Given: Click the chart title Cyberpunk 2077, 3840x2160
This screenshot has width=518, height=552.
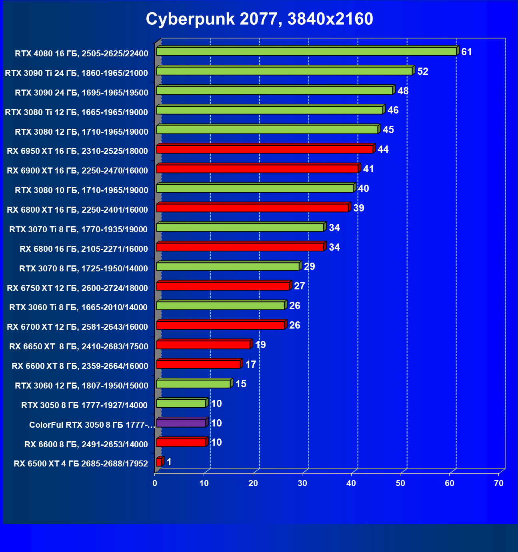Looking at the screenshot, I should coord(259,19).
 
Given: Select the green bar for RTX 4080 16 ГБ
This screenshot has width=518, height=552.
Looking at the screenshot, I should coord(306,52).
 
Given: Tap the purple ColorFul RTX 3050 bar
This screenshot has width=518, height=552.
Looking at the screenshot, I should coord(181,423).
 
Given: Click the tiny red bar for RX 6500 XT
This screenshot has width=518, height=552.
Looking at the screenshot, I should coord(159,462).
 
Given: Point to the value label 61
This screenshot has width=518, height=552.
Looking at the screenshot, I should coord(466,52).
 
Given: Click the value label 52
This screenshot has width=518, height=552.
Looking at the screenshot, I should coord(423,72).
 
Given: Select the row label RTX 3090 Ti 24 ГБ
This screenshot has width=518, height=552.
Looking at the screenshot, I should coord(76,73).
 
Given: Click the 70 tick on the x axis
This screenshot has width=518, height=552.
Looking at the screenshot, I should coord(499,483).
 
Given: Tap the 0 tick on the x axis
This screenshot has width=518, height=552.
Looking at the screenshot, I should coord(155,483).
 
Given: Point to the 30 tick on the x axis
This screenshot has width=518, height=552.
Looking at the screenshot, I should coord(302,483).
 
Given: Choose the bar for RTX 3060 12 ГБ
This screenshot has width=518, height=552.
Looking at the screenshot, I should coord(193,384).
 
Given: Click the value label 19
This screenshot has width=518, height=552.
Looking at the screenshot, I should coord(260,345).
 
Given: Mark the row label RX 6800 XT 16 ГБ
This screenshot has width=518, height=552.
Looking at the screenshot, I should coord(78,210).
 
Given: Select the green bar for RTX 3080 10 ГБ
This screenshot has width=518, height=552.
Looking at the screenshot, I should coord(255,188).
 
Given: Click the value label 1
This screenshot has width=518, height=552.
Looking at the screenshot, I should coord(169,462).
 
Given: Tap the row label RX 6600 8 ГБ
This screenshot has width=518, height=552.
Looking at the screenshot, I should coord(86,444).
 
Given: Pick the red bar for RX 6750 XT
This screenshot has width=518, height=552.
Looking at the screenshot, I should coord(223,286).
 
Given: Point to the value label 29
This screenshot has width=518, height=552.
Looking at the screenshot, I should coord(310,267).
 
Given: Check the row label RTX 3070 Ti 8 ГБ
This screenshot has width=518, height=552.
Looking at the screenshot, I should coord(78,229).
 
